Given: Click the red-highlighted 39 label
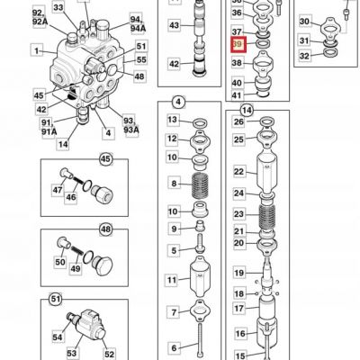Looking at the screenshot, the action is [238, 44].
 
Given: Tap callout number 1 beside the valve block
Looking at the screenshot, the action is [37, 50].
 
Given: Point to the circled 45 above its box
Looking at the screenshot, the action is [105, 159].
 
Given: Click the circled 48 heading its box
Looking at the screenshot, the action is [105, 229].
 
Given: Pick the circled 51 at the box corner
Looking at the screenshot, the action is [56, 299].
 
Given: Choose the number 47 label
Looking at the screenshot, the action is [58, 190].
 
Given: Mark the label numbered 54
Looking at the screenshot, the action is [58, 337].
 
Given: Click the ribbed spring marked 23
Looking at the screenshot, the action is [267, 214].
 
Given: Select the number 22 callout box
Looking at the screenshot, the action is [238, 172].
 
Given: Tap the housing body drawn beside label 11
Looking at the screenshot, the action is [200, 275].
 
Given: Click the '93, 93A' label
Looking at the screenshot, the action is [130, 125].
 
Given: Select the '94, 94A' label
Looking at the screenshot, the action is [138, 23].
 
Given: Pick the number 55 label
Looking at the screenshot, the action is [140, 59].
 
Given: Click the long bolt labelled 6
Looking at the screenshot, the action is [200, 340].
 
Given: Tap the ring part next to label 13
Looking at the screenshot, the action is [200, 123].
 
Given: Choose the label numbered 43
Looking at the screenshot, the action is [174, 25].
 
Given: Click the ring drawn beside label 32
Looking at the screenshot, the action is [330, 53].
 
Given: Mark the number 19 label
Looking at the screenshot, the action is [238, 273].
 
